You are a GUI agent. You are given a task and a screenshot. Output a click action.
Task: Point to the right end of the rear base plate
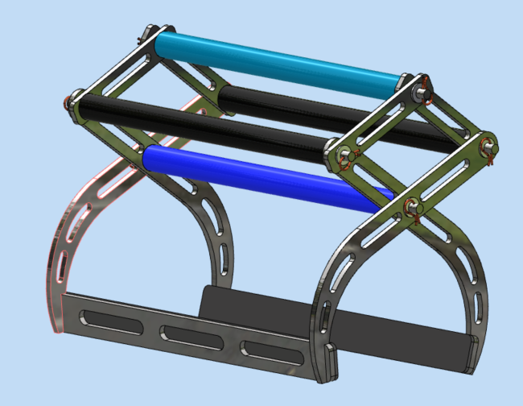point(471,354)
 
